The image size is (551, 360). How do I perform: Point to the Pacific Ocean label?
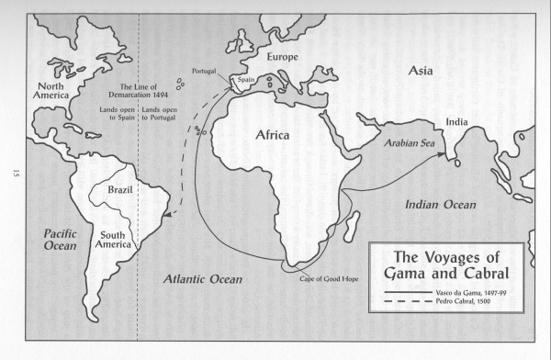click(x=60, y=240)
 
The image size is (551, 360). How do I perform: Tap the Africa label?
click(x=270, y=135)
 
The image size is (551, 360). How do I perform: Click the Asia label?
click(x=422, y=69)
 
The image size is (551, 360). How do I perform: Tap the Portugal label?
click(x=204, y=71)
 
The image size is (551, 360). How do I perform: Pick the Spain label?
click(x=245, y=80)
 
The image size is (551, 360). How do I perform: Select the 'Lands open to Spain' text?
click(x=116, y=113)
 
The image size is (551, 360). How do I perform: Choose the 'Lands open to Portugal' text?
click(x=163, y=113)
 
